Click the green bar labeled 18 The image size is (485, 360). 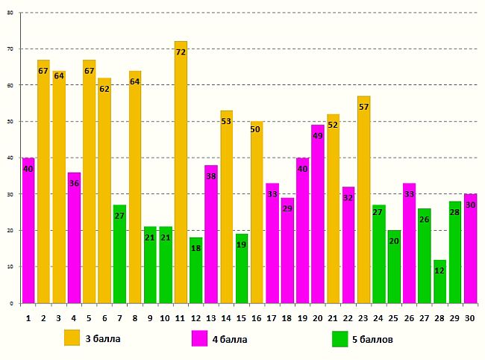click(195, 270)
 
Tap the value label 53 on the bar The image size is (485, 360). click(226, 121)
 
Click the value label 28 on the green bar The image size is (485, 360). click(454, 212)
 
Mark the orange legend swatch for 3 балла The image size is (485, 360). click(72, 338)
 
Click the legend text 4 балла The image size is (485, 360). click(231, 339)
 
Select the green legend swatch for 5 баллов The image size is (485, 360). click(340, 338)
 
